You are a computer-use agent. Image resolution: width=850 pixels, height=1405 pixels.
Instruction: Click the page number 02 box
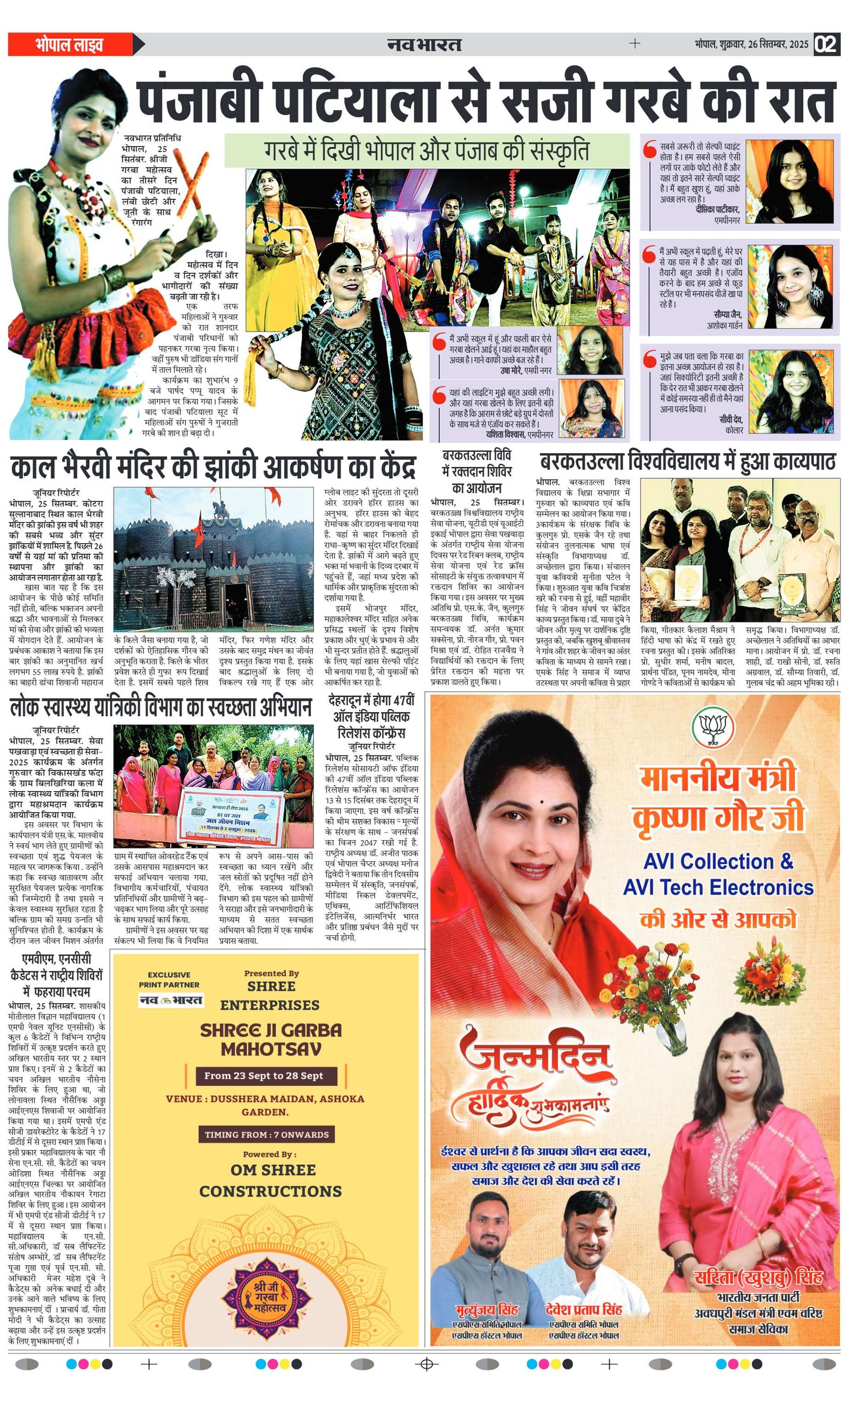(827, 45)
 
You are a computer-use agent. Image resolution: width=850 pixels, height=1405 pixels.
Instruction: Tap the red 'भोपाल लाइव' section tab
(69, 45)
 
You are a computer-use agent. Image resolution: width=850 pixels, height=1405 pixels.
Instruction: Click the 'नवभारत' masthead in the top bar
(424, 44)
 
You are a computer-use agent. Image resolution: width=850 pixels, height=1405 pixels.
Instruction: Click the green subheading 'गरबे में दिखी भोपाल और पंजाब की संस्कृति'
(427, 150)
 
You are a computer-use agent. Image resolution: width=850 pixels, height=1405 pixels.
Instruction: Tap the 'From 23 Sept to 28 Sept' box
(263, 1076)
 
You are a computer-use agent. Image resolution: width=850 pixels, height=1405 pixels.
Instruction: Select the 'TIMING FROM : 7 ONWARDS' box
(267, 1134)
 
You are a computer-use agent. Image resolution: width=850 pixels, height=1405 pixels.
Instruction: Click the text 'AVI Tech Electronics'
(718, 887)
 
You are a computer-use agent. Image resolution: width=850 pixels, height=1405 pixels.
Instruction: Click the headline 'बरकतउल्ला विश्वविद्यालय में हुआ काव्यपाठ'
(687, 461)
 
